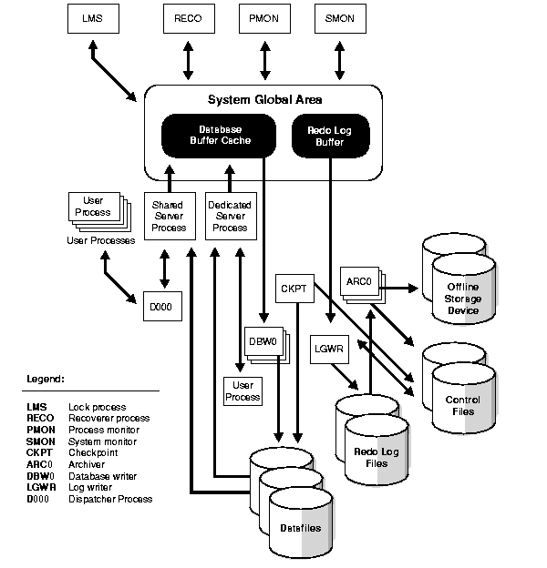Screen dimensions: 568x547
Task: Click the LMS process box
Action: click(93, 19)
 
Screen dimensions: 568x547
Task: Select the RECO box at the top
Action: click(189, 19)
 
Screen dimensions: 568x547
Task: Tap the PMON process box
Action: click(265, 19)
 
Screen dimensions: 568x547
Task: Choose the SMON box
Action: click(339, 19)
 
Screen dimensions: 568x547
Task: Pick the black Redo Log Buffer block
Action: click(329, 135)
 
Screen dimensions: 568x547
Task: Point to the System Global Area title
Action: click(263, 100)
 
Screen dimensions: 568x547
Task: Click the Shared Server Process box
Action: click(168, 217)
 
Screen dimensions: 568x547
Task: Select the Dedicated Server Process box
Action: click(230, 217)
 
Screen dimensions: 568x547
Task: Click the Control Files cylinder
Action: click(462, 400)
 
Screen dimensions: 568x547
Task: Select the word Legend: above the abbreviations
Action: click(46, 377)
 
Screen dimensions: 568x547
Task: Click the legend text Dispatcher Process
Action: click(110, 499)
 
